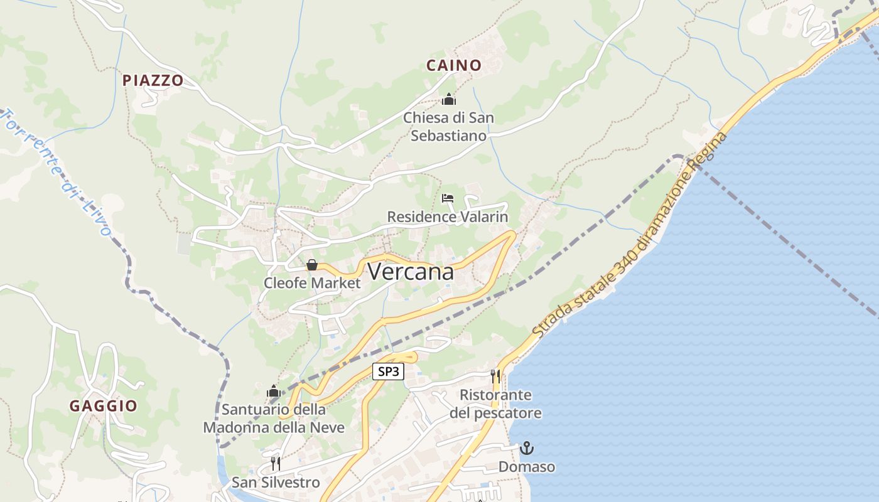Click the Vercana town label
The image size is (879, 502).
[x=411, y=272]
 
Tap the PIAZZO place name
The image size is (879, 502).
[x=153, y=80]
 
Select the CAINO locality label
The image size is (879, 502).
[x=453, y=65]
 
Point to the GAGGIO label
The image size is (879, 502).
[x=103, y=406]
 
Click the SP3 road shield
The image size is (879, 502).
[x=388, y=371]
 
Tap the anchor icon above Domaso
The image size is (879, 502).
[x=527, y=448]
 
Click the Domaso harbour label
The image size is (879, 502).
[x=527, y=467]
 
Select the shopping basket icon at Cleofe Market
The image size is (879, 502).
[x=311, y=265]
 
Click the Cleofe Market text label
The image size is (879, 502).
[x=312, y=283]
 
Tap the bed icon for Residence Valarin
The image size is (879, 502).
[x=448, y=198]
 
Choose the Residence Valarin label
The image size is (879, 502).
[x=447, y=217]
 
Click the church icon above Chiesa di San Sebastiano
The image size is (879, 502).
[x=448, y=99]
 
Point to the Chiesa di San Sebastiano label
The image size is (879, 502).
[x=448, y=127]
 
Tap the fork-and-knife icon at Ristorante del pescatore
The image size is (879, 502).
[x=496, y=376]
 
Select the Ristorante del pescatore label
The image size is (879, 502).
[x=495, y=404]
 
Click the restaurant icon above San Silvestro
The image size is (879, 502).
[x=276, y=464]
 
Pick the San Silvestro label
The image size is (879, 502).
[x=276, y=483]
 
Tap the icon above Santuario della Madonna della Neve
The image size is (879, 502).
[x=273, y=392]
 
